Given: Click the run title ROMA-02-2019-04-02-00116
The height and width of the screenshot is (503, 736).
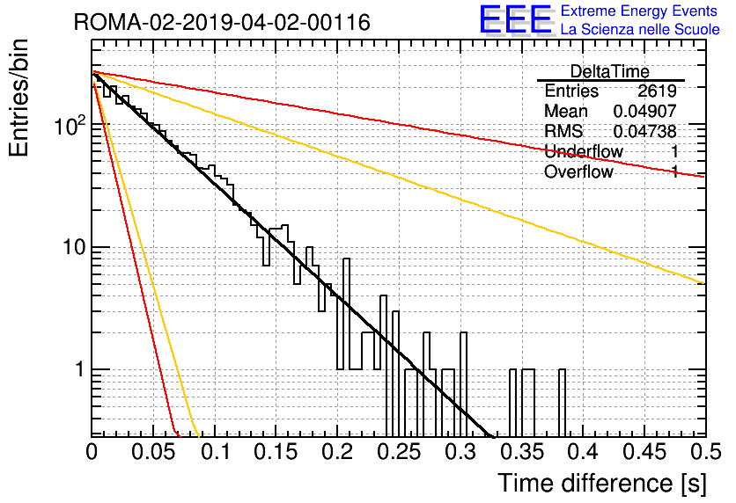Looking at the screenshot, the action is [x=222, y=22].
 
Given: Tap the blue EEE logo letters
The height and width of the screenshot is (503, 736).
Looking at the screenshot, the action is [x=515, y=19].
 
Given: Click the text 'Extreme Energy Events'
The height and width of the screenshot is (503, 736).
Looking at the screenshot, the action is [x=639, y=11].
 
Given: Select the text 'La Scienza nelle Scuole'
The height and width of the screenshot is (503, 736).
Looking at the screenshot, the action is [x=640, y=29].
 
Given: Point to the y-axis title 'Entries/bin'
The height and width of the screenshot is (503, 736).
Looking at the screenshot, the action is [x=18, y=98].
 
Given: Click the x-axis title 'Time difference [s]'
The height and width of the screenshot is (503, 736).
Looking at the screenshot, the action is [x=602, y=483].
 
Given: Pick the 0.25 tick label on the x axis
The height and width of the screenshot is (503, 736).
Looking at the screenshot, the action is [x=399, y=452].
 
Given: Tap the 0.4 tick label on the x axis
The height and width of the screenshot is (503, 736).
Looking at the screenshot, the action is [x=585, y=452].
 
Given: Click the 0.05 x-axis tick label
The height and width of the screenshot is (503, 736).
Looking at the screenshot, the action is [x=153, y=452].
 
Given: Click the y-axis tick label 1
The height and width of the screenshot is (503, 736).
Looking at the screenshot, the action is [x=80, y=369].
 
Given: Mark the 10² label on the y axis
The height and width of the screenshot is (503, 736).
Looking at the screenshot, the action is [x=70, y=125].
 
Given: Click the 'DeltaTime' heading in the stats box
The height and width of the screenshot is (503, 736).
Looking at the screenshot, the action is [x=610, y=71].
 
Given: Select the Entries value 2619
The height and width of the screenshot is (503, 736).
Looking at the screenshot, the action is [x=657, y=91].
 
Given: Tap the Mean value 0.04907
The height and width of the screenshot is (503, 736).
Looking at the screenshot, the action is [x=645, y=111].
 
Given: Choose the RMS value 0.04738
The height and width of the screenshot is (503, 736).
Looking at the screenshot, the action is [x=645, y=131].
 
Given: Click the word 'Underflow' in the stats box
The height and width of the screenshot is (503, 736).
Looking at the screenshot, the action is [x=584, y=151].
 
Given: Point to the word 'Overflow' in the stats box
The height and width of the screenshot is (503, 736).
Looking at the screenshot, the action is [x=578, y=172].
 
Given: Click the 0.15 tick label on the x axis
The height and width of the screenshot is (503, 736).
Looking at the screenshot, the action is [x=276, y=452].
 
